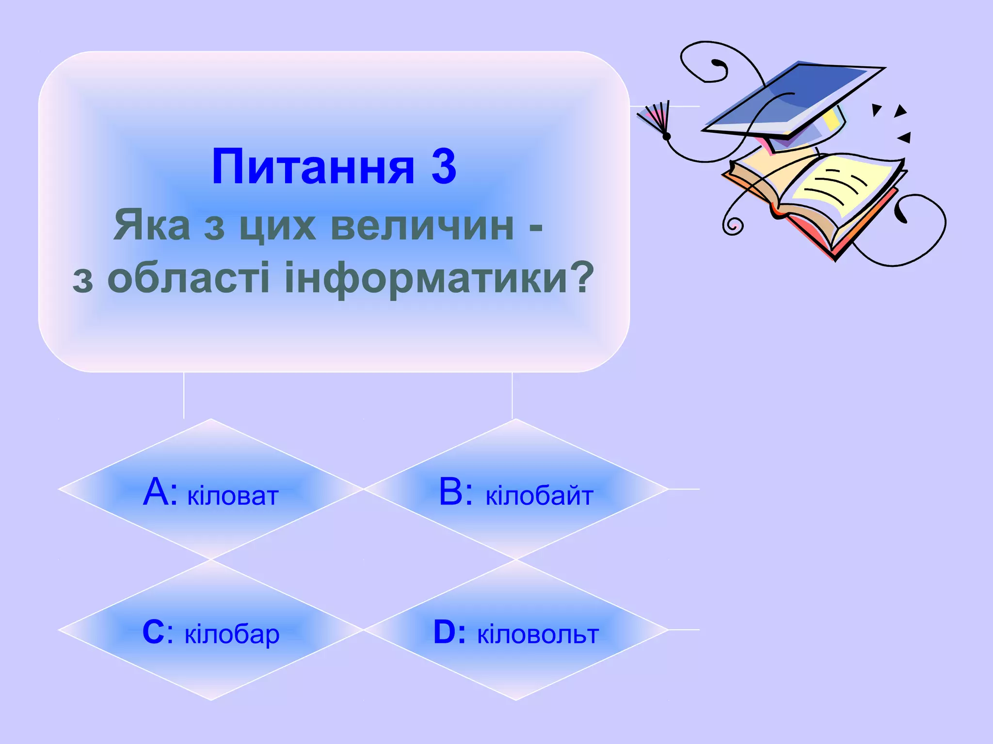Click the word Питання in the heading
pos(313,168)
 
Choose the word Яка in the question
pos(152,226)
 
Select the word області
pos(188,278)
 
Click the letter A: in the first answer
pos(160,492)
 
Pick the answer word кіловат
pos(233,496)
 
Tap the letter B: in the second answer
pos(455,492)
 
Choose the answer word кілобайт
pos(539,496)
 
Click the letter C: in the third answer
pos(158,632)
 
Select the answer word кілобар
pos(232,635)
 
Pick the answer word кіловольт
pos(538,635)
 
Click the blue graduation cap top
pos(795,97)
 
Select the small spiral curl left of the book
pos(733,225)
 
